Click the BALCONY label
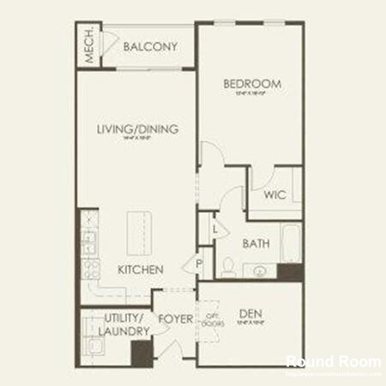(150, 47)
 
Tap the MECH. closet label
(88, 48)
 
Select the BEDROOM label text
(252, 83)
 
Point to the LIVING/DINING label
(137, 130)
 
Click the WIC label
(274, 195)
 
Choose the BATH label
(256, 244)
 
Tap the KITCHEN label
(141, 269)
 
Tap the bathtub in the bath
(291, 244)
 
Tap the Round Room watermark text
(333, 361)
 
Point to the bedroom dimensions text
(252, 93)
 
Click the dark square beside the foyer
(140, 353)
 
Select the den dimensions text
(249, 323)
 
